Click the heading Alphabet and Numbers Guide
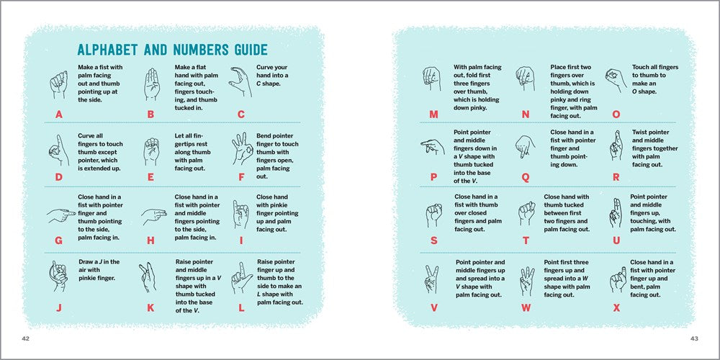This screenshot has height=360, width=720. coord(172,50)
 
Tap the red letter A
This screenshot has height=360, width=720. coord(59,114)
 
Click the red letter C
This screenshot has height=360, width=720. coord(241,114)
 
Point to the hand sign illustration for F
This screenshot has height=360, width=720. coord(240,149)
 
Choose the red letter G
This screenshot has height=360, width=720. coord(59,241)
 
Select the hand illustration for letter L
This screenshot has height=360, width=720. coord(240,277)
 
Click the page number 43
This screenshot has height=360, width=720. coord(694,338)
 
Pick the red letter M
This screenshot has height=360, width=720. coord(433,114)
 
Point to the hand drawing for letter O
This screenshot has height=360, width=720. coord(614,79)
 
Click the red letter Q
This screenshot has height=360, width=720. coord(525,176)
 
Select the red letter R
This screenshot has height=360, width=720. coord(616,176)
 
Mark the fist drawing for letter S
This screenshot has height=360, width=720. coord(433,213)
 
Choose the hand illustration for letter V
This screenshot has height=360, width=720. coord(433,276)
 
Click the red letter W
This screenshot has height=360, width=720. coord(526,307)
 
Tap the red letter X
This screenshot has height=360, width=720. coord(616,307)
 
